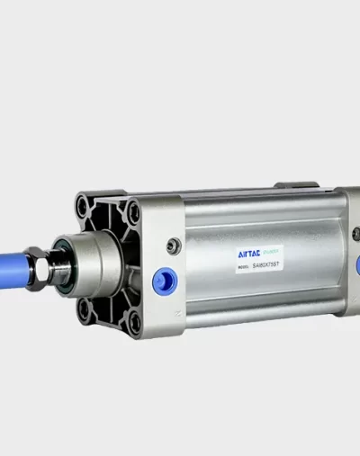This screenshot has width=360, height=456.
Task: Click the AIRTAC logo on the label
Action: [224, 255]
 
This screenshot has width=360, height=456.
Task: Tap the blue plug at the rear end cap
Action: [357, 265]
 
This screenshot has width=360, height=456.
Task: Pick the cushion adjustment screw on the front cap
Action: [174, 245]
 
